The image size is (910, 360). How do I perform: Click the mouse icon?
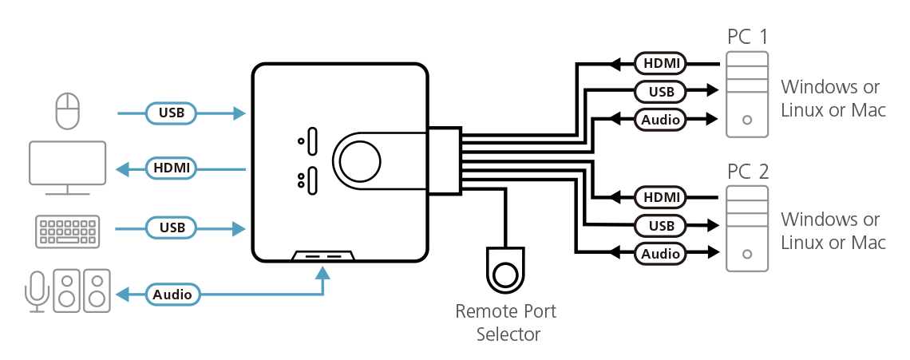click(68, 111)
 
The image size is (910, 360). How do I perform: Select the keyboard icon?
click(67, 229)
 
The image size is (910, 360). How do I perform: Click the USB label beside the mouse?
click(172, 113)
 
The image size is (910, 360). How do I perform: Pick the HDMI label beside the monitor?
click(172, 168)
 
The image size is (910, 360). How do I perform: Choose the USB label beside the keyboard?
click(172, 228)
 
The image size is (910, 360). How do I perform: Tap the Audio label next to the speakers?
click(172, 295)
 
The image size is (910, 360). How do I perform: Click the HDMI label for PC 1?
click(661, 63)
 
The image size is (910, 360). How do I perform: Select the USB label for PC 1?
click(661, 92)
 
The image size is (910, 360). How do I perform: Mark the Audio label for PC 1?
click(661, 121)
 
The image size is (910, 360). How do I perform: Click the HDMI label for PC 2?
click(661, 197)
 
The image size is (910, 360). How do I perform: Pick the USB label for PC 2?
click(661, 226)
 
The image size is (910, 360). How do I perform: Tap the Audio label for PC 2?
click(661, 255)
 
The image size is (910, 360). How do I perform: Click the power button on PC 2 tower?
click(746, 255)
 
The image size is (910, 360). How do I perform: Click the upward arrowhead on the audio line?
click(322, 273)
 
